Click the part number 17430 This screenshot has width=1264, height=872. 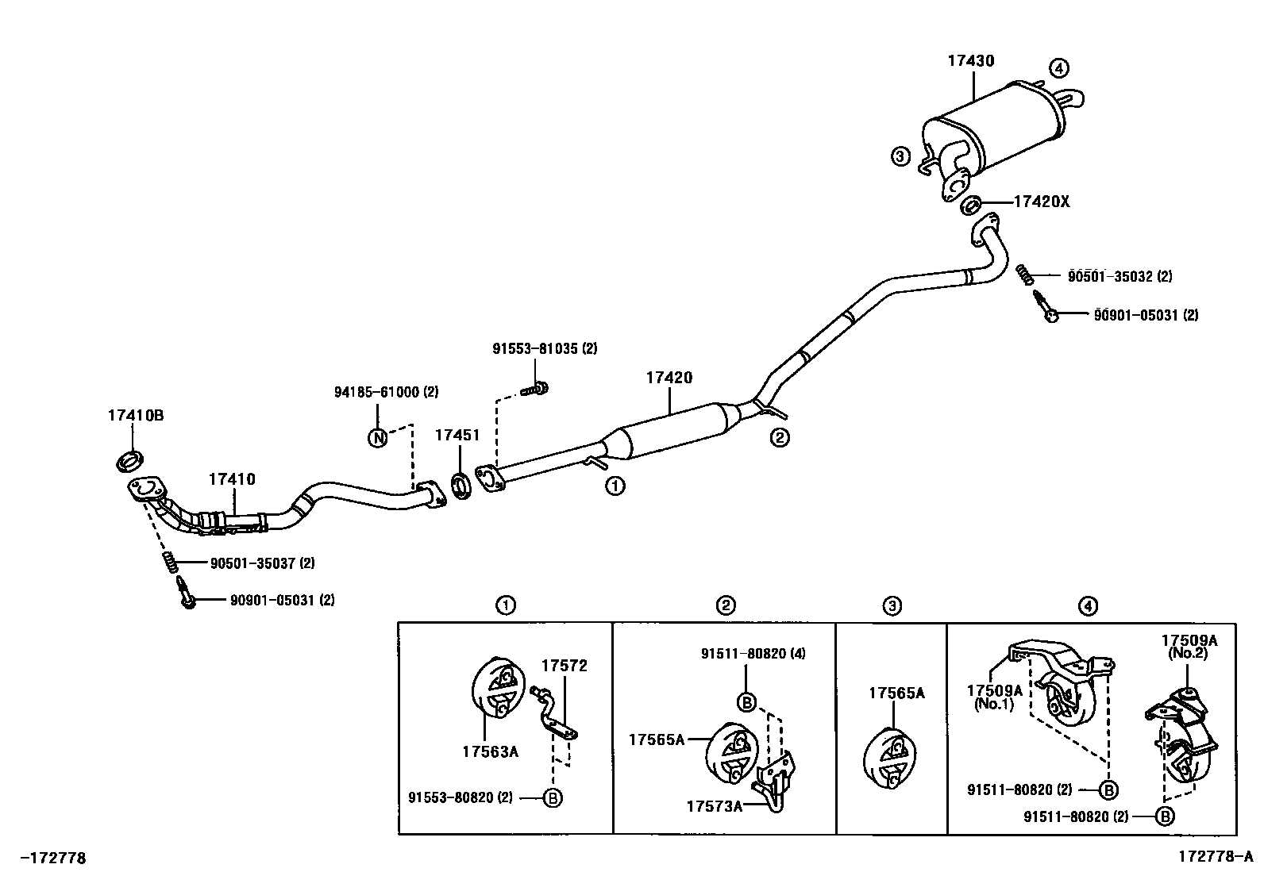[x=970, y=60]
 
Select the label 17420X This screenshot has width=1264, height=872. [x=1042, y=202]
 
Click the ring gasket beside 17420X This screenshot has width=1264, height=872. [x=970, y=206]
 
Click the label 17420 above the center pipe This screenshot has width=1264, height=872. [x=669, y=378]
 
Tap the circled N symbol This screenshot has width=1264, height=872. [x=378, y=437]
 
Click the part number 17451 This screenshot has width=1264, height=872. [x=457, y=435]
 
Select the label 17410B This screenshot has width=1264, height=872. [x=136, y=415]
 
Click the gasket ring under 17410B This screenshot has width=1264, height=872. [x=130, y=459]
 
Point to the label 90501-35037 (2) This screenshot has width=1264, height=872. [x=262, y=563]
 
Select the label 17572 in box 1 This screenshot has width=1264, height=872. [x=565, y=666]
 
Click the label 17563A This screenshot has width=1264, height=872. [x=490, y=751]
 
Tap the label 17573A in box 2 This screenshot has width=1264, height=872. [x=715, y=806]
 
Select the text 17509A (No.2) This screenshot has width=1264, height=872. [x=1188, y=647]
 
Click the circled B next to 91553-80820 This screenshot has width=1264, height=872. [x=553, y=797]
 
